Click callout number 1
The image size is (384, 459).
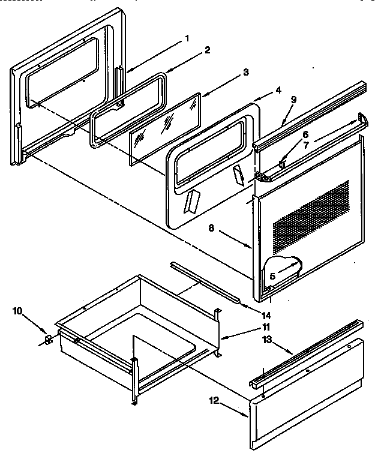point(187,38)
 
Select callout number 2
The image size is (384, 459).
point(206,50)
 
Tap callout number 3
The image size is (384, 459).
point(229,73)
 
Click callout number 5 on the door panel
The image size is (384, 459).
point(272,277)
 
